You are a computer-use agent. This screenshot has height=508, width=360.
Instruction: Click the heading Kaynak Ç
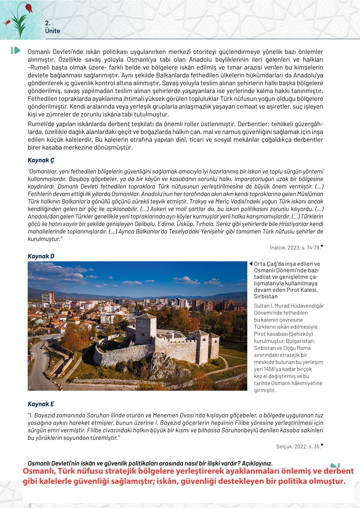coord(41,160)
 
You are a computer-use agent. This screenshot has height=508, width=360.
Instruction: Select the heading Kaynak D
coord(41,256)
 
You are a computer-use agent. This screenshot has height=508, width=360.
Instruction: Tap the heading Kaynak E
coord(41,404)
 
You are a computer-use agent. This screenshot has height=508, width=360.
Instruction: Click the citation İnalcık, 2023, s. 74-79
coord(295,248)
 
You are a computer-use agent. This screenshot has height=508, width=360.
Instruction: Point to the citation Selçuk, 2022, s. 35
coord(298,447)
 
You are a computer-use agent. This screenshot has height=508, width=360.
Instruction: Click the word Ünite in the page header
coord(53,31)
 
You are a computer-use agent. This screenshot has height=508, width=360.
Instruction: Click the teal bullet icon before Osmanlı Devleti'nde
coord(16,51)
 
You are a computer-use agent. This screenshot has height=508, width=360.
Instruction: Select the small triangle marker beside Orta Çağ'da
coord(251,264)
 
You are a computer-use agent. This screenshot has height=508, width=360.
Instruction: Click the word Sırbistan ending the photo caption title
coord(266,297)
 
